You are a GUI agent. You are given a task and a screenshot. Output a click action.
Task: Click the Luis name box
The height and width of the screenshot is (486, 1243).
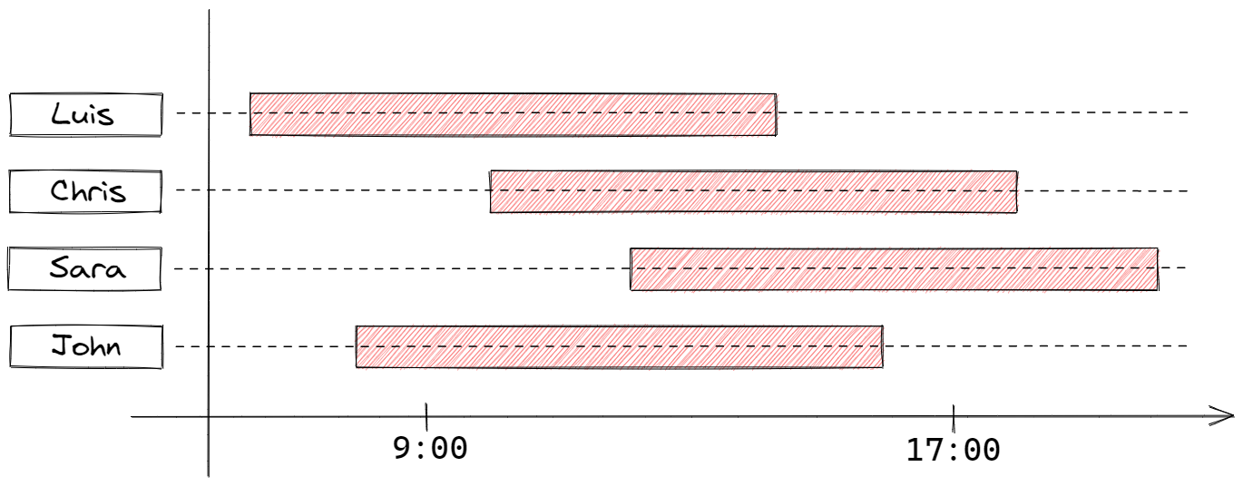tap(86, 115)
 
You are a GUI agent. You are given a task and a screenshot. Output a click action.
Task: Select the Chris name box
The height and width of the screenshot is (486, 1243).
tap(85, 191)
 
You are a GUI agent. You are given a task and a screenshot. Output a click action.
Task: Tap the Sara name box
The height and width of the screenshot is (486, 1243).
tap(85, 269)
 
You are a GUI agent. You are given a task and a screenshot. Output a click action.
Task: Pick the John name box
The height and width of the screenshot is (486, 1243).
tap(86, 346)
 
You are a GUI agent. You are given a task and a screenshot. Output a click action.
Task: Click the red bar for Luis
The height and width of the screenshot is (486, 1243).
tap(514, 114)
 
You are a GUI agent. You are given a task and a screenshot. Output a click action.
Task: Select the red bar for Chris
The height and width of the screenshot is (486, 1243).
tap(754, 191)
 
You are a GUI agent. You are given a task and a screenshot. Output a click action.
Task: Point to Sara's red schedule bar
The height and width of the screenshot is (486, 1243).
tap(894, 269)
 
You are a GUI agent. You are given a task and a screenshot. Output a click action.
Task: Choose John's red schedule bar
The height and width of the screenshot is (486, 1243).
tap(620, 346)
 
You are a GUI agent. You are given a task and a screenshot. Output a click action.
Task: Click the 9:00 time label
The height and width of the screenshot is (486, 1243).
tap(430, 448)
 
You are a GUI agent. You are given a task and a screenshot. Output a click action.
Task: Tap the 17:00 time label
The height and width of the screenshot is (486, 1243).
tap(953, 450)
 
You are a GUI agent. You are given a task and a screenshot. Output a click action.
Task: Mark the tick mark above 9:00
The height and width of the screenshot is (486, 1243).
tap(426, 417)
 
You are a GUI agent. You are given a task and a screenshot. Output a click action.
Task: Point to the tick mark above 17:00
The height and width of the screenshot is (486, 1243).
tap(954, 418)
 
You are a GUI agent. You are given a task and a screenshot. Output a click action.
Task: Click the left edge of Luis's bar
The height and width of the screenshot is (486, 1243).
tap(250, 114)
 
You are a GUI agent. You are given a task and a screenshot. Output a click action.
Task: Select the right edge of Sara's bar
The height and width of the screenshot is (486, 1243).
tap(1158, 269)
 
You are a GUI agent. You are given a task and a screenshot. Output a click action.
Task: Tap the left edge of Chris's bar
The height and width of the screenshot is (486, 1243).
tap(491, 191)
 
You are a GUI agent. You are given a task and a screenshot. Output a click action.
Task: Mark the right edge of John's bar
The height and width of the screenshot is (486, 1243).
tap(882, 346)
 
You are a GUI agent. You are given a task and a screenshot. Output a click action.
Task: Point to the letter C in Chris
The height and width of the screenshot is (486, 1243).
tap(59, 190)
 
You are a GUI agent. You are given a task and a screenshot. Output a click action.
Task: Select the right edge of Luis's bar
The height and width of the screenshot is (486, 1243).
tap(777, 114)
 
